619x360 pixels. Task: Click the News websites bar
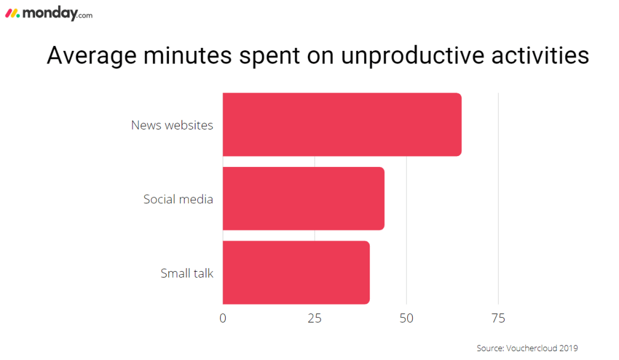click(x=342, y=125)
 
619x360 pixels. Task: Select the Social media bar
click(x=303, y=198)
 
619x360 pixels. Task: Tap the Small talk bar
click(x=296, y=272)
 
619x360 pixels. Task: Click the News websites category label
click(x=172, y=125)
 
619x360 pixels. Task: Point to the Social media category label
click(x=178, y=198)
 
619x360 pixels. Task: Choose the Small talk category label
click(x=186, y=273)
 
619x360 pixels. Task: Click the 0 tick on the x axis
click(x=223, y=318)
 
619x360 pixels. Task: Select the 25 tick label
click(x=315, y=318)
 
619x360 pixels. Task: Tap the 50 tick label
click(x=407, y=318)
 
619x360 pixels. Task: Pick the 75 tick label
click(x=498, y=318)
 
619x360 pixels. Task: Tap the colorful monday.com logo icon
click(x=13, y=13)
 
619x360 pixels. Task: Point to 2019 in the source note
click(x=569, y=348)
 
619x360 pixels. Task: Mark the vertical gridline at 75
click(x=498, y=200)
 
